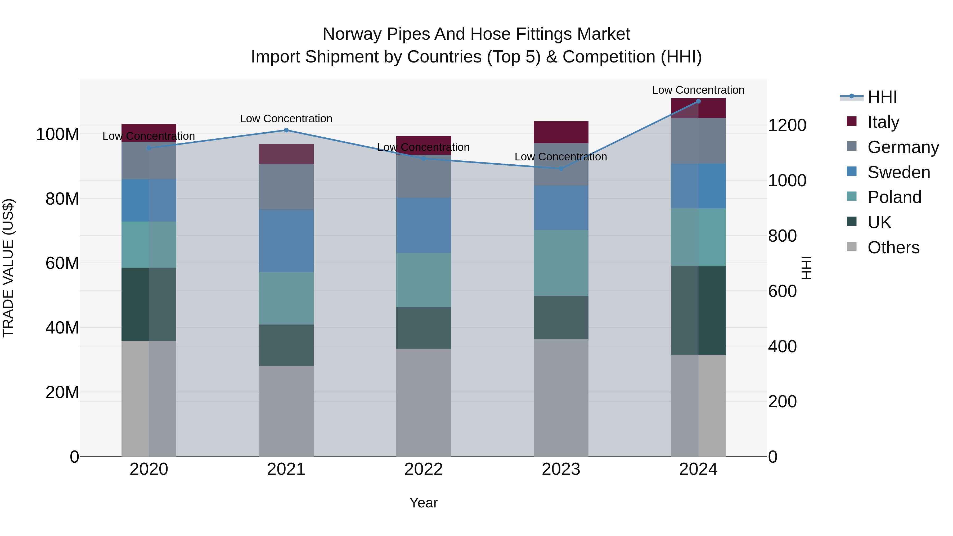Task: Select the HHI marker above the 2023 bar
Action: click(x=561, y=169)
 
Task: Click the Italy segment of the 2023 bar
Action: click(x=561, y=132)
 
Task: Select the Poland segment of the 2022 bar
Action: click(x=424, y=280)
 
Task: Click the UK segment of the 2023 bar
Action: click(x=561, y=317)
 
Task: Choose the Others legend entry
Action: click(x=893, y=247)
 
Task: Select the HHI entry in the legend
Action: click(x=882, y=97)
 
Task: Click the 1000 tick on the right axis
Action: click(x=787, y=181)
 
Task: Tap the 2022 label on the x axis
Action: click(x=424, y=469)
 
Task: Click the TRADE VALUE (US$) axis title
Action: click(x=8, y=268)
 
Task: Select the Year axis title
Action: click(x=424, y=503)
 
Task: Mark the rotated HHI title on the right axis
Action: click(x=807, y=268)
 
